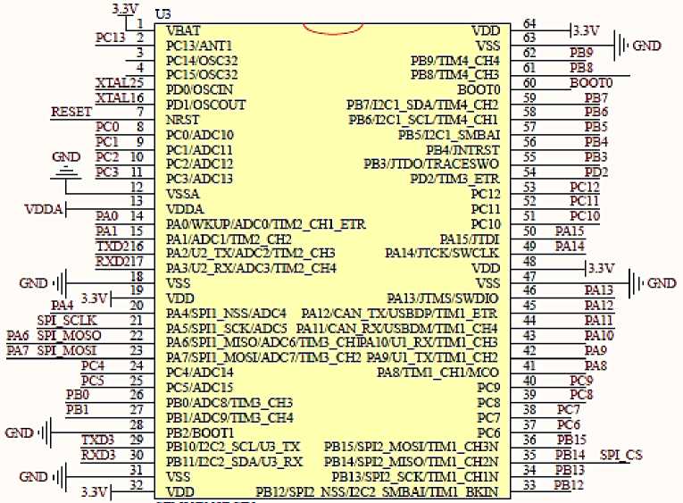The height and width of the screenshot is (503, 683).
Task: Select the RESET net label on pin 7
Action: coord(71,113)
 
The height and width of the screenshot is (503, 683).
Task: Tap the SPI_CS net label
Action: coord(621,455)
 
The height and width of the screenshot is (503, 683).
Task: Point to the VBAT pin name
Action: coord(183,30)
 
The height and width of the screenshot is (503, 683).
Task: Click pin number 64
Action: coord(529,23)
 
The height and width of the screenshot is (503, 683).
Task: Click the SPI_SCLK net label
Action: coord(67,320)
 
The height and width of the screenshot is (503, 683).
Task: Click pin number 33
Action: coord(529,485)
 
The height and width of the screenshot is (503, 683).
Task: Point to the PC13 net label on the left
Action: coord(112,38)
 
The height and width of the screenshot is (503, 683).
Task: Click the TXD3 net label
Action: coord(98,440)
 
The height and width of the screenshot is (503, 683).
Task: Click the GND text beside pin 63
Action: coord(647,45)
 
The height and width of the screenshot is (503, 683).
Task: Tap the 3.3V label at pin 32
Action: coord(93,492)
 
